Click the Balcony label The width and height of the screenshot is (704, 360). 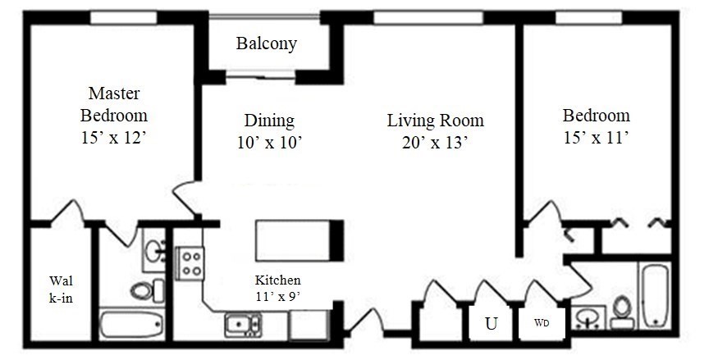267,43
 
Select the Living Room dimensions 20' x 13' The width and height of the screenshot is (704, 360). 435,142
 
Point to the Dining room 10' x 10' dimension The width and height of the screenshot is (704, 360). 270,142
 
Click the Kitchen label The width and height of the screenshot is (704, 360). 277,279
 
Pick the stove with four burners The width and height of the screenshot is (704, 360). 191,263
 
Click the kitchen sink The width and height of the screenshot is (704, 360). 243,325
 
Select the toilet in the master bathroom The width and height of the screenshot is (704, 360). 145,290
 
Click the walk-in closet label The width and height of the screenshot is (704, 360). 61,289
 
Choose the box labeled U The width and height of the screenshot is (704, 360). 491,323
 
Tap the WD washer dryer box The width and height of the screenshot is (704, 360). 542,322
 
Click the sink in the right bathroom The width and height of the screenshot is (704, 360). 587,317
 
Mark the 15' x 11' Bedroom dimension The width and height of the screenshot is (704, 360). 596,138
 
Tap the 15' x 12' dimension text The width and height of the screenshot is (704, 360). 113,138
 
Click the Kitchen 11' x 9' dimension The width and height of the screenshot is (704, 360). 277,296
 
